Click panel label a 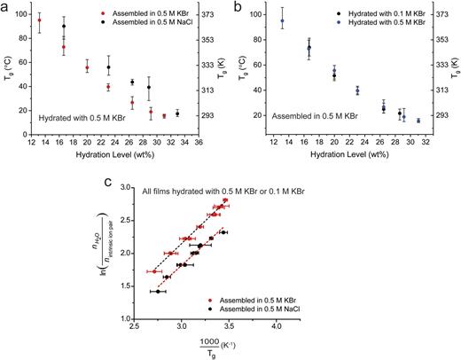click(x=5, y=6)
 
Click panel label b click(x=238, y=6)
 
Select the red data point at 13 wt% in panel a click(x=39, y=20)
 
